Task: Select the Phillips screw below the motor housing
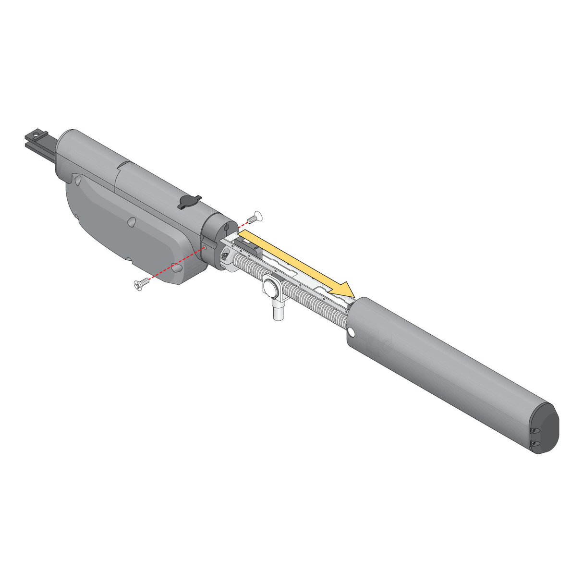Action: click(x=139, y=285)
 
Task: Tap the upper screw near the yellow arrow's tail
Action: click(x=255, y=217)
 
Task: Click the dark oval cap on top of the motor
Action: click(x=190, y=202)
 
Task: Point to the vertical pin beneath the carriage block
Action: click(x=277, y=312)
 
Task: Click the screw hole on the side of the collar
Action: click(x=206, y=247)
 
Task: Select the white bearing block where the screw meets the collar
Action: click(x=228, y=260)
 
